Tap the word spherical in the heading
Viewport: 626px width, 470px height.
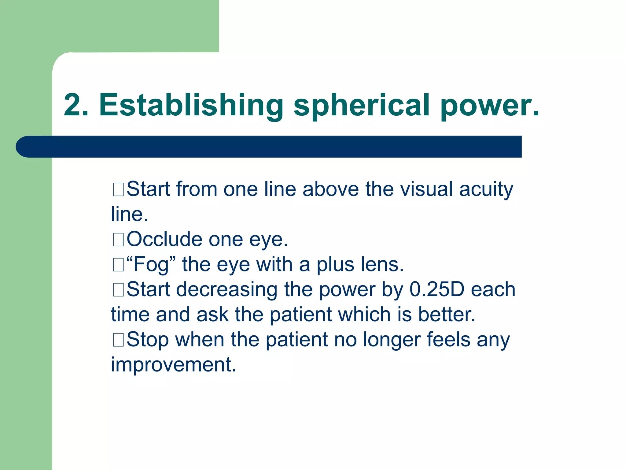(362, 106)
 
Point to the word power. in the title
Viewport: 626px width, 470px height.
(490, 106)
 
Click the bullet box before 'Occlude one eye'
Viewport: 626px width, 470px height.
(118, 239)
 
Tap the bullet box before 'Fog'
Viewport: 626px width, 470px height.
(118, 264)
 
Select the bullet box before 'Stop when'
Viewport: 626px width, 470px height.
(118, 340)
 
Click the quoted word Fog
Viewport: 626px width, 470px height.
(151, 265)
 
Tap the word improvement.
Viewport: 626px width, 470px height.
(173, 365)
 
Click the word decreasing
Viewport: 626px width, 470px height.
(226, 290)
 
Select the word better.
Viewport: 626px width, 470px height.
(446, 315)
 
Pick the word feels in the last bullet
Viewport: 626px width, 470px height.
(448, 340)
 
